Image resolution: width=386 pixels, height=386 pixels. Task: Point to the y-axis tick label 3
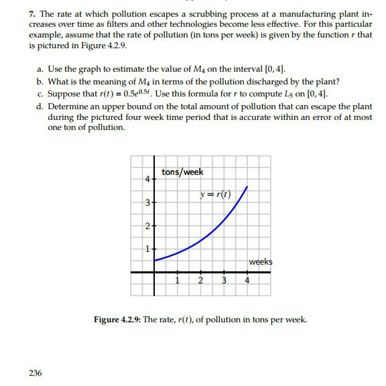(145, 202)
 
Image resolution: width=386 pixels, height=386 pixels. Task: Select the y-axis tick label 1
(145, 249)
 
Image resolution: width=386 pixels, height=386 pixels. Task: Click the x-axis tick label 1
(178, 280)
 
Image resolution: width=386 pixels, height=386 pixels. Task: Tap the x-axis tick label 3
(224, 280)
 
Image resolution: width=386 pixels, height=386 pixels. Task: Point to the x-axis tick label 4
(247, 280)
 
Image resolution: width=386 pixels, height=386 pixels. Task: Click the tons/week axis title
(182, 172)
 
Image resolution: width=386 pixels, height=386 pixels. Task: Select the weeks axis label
(260, 262)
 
